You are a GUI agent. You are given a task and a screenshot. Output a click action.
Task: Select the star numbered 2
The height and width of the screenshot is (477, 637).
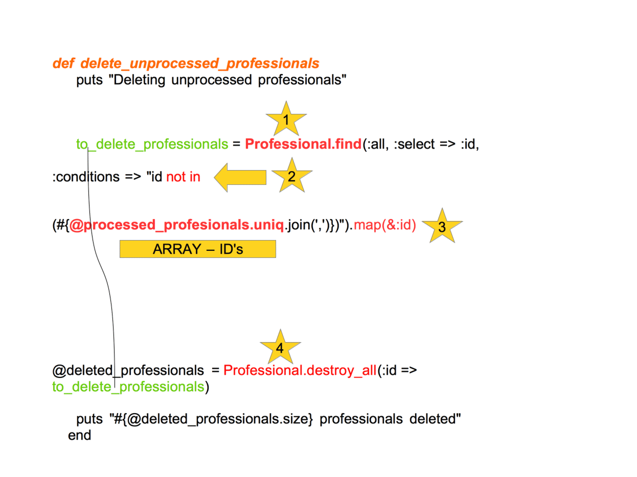pyautogui.click(x=291, y=177)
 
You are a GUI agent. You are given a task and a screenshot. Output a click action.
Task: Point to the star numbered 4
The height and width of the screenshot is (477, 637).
pyautogui.click(x=280, y=348)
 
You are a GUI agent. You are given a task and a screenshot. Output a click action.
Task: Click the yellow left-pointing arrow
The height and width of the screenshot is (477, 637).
pyautogui.click(x=240, y=177)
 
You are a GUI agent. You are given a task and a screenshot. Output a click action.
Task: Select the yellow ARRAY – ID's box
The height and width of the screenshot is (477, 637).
pyautogui.click(x=198, y=249)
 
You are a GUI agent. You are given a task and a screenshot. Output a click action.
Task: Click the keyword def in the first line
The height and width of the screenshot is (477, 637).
pyautogui.click(x=63, y=64)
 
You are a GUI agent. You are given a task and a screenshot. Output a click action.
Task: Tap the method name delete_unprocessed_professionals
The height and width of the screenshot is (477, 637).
pyautogui.click(x=200, y=64)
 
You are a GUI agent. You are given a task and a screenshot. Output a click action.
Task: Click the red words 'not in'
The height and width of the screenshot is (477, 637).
pyautogui.click(x=183, y=177)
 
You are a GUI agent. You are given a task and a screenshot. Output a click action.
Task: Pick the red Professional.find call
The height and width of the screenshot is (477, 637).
pyautogui.click(x=303, y=145)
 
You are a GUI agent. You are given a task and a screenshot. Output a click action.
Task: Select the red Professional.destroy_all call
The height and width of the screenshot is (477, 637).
pyautogui.click(x=300, y=370)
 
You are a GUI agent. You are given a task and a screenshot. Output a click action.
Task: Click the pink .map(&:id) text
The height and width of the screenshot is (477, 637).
pyautogui.click(x=384, y=225)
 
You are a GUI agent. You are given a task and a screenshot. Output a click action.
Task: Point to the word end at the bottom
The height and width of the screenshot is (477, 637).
pyautogui.click(x=79, y=436)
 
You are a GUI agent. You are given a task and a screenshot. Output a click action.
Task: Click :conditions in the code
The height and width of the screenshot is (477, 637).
pyautogui.click(x=86, y=177)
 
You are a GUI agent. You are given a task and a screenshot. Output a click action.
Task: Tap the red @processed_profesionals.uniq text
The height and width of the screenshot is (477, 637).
pyautogui.click(x=176, y=225)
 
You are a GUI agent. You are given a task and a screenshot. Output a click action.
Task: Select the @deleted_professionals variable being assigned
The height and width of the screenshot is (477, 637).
pyautogui.click(x=128, y=370)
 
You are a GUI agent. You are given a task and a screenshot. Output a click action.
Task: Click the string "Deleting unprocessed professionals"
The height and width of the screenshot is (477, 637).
pyautogui.click(x=227, y=80)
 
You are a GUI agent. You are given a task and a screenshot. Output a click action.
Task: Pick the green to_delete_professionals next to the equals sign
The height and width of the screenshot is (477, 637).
pyautogui.click(x=152, y=145)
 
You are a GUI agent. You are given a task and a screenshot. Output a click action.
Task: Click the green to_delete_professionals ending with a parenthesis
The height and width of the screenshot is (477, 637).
pyautogui.click(x=128, y=387)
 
